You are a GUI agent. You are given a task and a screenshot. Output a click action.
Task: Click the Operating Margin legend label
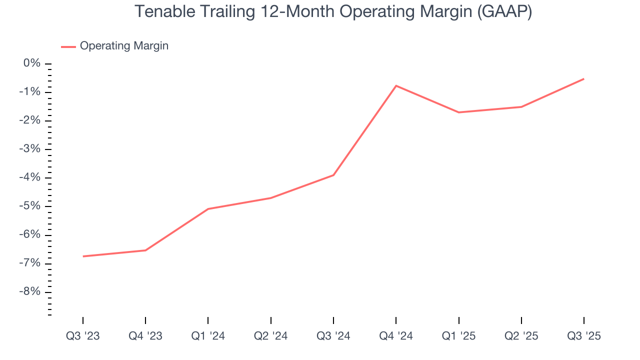tap(124, 46)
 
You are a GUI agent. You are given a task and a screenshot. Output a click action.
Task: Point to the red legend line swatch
tap(68, 46)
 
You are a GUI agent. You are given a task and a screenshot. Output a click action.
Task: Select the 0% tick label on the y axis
tap(32, 63)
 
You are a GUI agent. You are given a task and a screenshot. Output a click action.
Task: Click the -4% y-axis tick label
tap(30, 178)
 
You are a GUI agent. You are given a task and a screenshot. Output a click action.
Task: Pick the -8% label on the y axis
tap(30, 292)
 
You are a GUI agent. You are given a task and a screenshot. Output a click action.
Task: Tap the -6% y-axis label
tap(30, 235)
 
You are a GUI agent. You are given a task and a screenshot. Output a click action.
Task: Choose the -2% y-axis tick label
tap(30, 120)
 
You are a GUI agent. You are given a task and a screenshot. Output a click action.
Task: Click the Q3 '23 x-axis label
tap(83, 336)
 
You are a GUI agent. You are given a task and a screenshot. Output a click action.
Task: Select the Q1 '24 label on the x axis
tap(208, 336)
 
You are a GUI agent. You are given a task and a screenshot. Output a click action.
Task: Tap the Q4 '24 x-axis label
tap(396, 336)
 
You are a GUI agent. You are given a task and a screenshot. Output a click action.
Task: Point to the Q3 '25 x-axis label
tap(584, 336)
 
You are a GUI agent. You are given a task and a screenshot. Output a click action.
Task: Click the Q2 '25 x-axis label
tap(521, 336)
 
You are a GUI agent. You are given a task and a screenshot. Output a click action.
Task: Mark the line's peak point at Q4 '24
tap(396, 85)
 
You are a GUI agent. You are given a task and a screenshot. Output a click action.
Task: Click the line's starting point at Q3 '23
tap(83, 256)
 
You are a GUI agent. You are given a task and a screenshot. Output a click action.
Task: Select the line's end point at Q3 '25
tap(584, 78)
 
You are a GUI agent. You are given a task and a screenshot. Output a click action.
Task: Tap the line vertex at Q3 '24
tap(333, 175)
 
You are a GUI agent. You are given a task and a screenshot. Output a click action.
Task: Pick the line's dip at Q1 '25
tap(459, 112)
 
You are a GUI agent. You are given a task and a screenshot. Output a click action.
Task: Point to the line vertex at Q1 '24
tap(208, 208)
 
